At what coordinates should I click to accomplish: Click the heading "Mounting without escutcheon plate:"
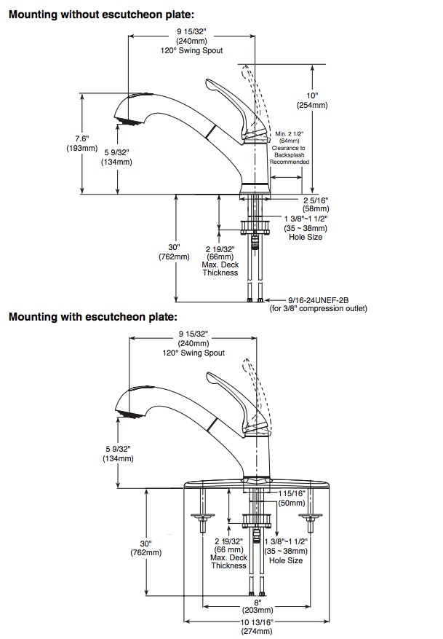pyautogui.click(x=101, y=15)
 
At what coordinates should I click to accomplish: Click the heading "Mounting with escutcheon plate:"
pyautogui.click(x=93, y=317)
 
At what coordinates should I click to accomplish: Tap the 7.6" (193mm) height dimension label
pyautogui.click(x=81, y=143)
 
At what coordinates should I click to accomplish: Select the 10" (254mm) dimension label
pyautogui.click(x=312, y=101)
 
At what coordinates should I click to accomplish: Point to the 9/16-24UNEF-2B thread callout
pyautogui.click(x=319, y=300)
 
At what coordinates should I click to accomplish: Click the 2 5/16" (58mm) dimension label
pyautogui.click(x=316, y=205)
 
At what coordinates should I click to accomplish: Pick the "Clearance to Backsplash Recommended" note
pyautogui.click(x=290, y=155)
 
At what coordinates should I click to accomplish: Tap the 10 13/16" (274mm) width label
pyautogui.click(x=257, y=627)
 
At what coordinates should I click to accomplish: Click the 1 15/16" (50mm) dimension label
pyautogui.click(x=292, y=498)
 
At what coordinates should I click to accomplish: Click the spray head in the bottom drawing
pyautogui.click(x=130, y=413)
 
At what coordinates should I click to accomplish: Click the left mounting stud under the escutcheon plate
pyautogui.click(x=201, y=511)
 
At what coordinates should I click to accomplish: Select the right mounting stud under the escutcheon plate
pyautogui.click(x=311, y=511)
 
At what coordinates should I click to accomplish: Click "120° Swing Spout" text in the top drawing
pyautogui.click(x=191, y=51)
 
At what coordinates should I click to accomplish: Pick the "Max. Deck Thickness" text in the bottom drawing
pyautogui.click(x=228, y=562)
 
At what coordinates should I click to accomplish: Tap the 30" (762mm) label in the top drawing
pyautogui.click(x=174, y=252)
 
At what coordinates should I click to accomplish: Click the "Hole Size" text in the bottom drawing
pyautogui.click(x=286, y=561)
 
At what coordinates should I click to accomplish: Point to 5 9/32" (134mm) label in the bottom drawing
pyautogui.click(x=118, y=454)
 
